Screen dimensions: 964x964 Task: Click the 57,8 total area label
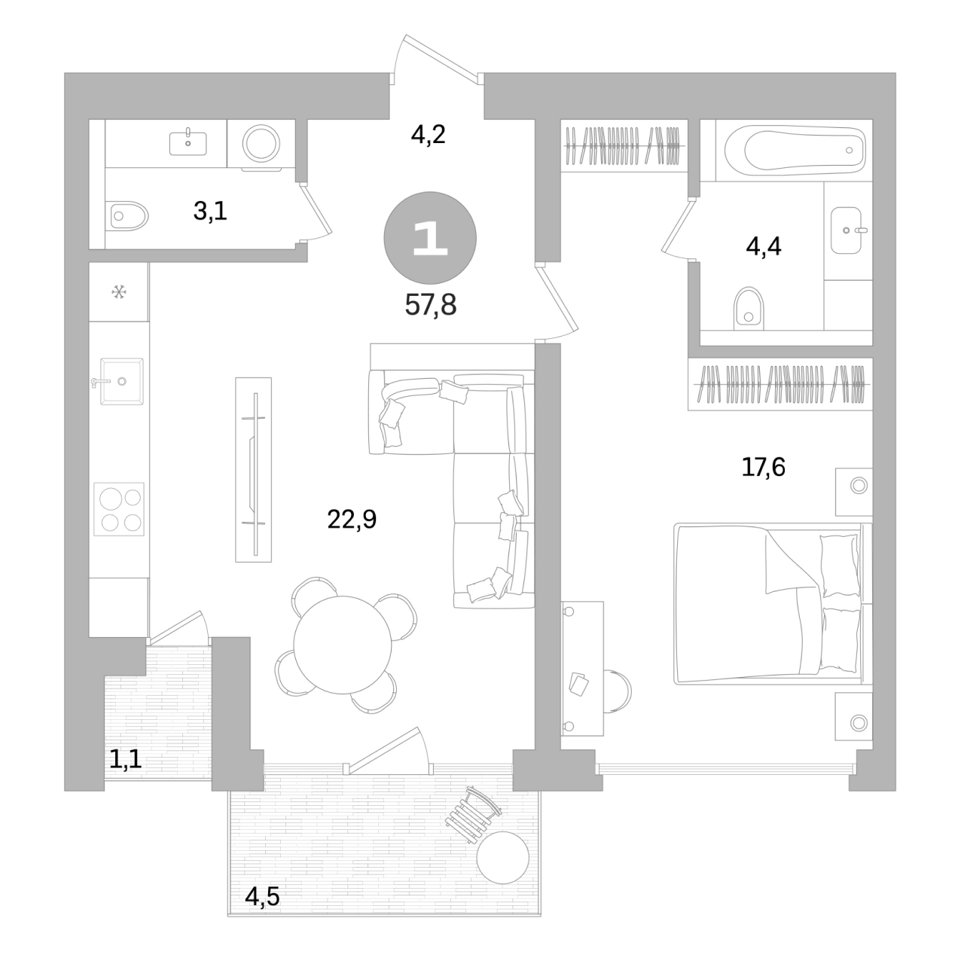coord(430,305)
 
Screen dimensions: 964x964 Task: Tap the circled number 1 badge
coord(430,238)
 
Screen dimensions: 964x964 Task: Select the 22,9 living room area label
coord(352,519)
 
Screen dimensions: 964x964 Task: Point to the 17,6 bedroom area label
coord(763,467)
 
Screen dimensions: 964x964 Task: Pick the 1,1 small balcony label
coord(126,760)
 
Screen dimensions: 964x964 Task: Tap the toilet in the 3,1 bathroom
coord(127,216)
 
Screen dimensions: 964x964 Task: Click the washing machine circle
coord(261,143)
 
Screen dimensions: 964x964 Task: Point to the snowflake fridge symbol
coord(118,291)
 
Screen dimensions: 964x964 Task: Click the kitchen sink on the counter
coord(121,381)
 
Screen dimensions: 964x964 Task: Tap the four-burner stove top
coord(119,510)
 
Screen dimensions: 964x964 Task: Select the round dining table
coord(342,645)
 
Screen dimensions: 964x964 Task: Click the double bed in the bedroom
coord(773,604)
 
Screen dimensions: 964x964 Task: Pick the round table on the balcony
coord(503,858)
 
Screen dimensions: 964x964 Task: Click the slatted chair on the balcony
coord(473,816)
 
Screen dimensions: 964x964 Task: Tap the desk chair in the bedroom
coord(618,692)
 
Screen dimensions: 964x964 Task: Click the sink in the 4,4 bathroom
coord(847,230)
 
